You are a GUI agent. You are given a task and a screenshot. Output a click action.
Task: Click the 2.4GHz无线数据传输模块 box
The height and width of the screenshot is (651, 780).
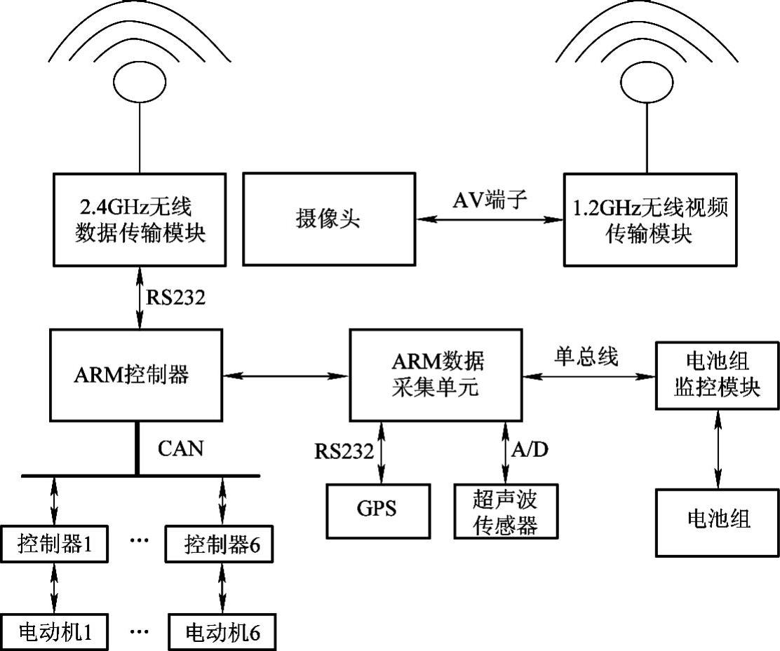(140, 221)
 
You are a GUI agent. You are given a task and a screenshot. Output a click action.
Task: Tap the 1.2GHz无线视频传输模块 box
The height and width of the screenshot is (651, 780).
(650, 221)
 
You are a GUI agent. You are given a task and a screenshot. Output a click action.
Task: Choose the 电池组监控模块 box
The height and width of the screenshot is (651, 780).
(717, 375)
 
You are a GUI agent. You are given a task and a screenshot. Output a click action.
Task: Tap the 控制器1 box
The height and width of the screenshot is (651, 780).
(55, 544)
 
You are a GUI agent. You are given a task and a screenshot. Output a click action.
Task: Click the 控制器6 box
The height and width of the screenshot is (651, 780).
(222, 544)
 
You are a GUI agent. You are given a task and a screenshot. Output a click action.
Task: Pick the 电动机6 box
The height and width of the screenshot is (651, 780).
(222, 632)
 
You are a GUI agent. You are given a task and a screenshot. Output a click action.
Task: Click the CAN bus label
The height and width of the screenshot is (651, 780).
(180, 448)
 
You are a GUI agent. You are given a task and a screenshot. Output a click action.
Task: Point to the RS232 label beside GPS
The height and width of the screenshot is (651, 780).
(343, 451)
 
